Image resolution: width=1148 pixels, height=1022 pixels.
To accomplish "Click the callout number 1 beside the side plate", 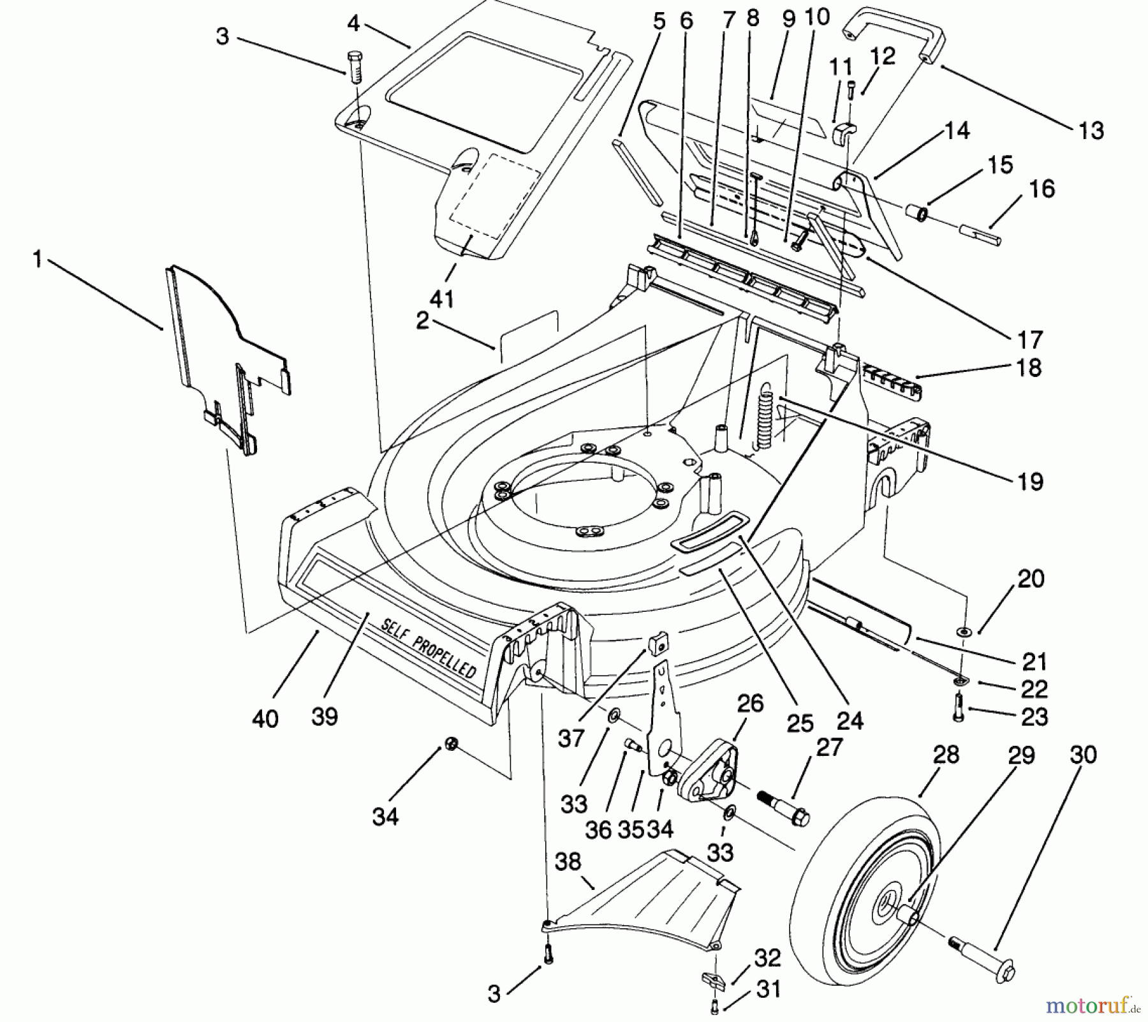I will [37, 260].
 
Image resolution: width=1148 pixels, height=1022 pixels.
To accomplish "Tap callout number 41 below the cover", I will [442, 298].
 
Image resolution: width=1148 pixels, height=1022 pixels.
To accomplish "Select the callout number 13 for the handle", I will [1091, 131].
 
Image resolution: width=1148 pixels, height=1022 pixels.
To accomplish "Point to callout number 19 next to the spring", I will [1030, 481].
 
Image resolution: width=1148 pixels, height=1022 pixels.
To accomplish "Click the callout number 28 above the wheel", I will [945, 755].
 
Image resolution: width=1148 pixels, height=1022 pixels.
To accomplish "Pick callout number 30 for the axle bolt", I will [1082, 755].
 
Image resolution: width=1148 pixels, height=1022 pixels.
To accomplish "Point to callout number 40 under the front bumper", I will [265, 719].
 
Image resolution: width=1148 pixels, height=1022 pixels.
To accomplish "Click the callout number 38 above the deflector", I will [568, 862].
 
